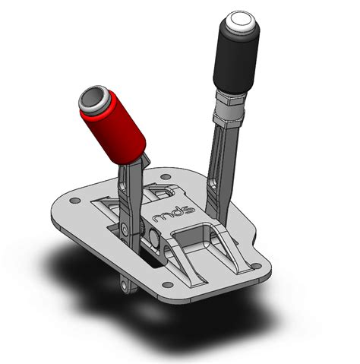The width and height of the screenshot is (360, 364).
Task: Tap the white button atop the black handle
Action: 240,21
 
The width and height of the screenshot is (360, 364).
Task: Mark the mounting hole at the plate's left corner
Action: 74,201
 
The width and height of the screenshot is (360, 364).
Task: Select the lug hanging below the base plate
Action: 125,282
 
